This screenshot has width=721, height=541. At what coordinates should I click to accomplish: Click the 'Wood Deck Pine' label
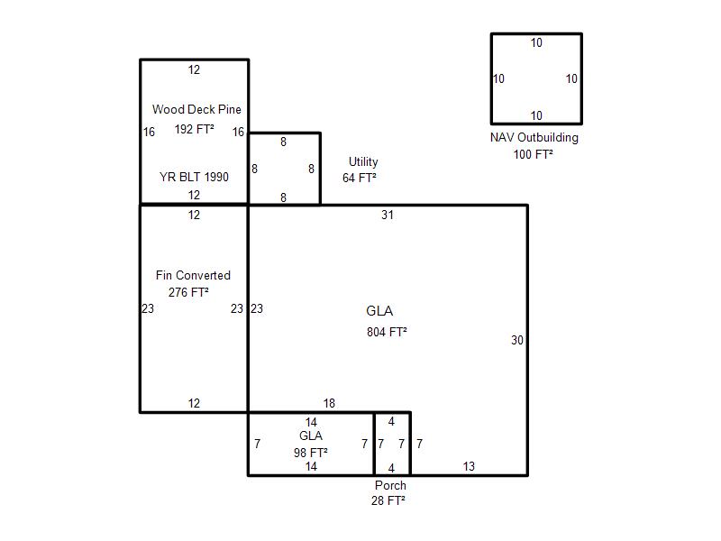(x=196, y=109)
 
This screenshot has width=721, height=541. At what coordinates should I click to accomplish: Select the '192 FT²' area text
(x=194, y=129)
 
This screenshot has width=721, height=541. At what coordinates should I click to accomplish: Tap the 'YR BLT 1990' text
(x=194, y=177)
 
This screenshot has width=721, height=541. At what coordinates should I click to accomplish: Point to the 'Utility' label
(x=363, y=162)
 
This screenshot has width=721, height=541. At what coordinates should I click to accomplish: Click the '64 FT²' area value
(x=360, y=178)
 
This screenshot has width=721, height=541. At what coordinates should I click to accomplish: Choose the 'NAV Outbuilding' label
(x=534, y=138)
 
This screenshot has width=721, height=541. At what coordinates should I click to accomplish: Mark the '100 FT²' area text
(x=533, y=154)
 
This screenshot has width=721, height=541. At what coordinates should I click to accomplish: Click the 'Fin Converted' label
(x=193, y=276)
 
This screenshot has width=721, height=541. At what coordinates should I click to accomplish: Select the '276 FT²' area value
(x=188, y=292)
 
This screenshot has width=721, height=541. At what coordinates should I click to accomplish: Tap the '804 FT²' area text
(x=387, y=332)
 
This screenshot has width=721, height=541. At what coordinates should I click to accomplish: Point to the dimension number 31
(x=388, y=215)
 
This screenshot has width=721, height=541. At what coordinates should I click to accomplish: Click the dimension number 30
(x=517, y=341)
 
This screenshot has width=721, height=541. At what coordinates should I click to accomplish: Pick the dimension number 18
(x=329, y=403)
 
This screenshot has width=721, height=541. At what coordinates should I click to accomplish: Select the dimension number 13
(x=469, y=466)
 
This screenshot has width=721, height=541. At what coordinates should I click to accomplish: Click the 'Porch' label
(x=390, y=485)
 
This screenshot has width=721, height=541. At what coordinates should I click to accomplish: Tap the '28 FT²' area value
(x=388, y=500)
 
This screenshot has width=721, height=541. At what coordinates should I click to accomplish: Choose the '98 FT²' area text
(x=311, y=453)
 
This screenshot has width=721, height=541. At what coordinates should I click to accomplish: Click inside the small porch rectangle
(x=392, y=444)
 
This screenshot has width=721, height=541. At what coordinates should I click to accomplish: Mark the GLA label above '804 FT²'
(x=379, y=311)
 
